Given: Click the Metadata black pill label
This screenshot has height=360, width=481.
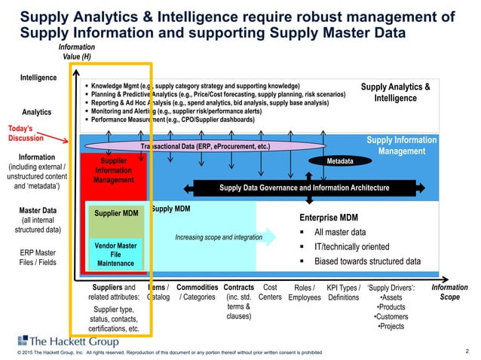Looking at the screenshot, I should pyautogui.click(x=342, y=161).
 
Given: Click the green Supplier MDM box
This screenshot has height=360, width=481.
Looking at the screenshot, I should pyautogui.click(x=116, y=213).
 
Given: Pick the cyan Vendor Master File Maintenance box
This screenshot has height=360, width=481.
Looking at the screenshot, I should pyautogui.click(x=115, y=254).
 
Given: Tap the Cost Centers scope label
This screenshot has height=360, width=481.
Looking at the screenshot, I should pyautogui.click(x=269, y=291).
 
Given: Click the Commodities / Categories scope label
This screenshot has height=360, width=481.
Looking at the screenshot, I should pyautogui.click(x=197, y=291).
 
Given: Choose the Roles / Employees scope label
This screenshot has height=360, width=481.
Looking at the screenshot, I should pyautogui.click(x=305, y=292).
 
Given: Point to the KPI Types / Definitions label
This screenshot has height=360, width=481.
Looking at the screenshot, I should pyautogui.click(x=344, y=292).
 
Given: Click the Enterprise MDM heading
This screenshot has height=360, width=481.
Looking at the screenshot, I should pyautogui.click(x=330, y=217).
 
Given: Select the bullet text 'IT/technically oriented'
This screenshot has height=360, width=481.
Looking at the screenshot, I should pyautogui.click(x=351, y=246).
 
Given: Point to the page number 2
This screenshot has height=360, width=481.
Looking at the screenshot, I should pyautogui.click(x=467, y=350).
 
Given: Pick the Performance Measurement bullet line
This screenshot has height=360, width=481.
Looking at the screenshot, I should pyautogui.click(x=174, y=120).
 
